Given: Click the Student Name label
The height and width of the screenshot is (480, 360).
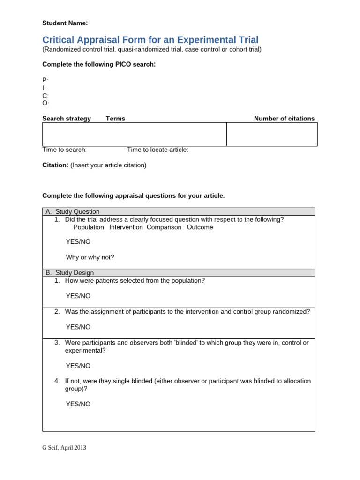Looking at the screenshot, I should [65, 23].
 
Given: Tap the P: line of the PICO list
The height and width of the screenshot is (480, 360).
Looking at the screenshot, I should [45, 80].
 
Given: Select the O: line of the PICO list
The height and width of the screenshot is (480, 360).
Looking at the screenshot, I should [45, 103].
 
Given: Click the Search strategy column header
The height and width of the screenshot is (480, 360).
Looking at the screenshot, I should [67, 119].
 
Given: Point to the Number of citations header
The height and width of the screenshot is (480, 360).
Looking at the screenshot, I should [284, 119].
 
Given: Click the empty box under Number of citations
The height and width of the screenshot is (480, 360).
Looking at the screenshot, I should [272, 135].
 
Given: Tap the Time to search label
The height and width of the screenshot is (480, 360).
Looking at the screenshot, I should [65, 150].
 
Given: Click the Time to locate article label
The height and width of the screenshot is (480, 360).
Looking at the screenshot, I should [157, 150].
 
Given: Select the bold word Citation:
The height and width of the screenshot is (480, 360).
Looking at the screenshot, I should [56, 165].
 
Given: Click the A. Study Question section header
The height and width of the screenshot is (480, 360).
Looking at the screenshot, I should [73, 212].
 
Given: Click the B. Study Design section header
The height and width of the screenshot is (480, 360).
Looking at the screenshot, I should [70, 273].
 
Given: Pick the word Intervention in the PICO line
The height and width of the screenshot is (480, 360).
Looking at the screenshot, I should [126, 227].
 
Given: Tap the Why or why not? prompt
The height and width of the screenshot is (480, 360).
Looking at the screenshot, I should [90, 257].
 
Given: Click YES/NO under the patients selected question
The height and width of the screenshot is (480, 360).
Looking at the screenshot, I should [78, 296].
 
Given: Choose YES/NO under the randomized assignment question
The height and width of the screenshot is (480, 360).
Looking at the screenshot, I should [78, 327].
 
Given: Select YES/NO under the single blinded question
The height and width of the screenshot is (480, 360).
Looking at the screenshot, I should [78, 404].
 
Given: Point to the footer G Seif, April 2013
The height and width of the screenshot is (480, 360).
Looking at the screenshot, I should [64, 448].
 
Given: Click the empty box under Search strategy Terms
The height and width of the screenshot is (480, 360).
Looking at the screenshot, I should [135, 135].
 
